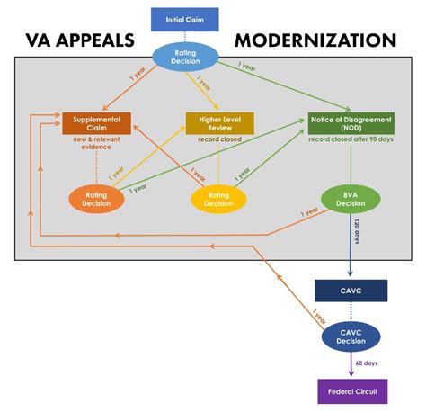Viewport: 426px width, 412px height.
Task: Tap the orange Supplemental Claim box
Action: tap(97, 123)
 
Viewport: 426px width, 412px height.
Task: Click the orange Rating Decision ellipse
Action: tap(97, 198)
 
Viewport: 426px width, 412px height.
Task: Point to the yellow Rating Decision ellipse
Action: tap(217, 198)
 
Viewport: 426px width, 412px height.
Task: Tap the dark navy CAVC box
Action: tap(351, 290)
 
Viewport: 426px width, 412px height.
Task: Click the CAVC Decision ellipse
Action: tap(351, 336)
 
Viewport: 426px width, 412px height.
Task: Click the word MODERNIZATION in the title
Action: tap(315, 40)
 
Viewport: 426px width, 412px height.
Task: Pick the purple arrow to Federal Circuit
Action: tap(351, 365)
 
